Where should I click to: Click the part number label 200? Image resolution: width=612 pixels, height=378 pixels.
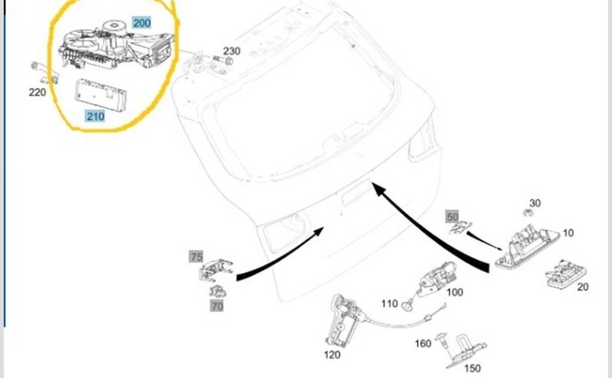click(x=142, y=23)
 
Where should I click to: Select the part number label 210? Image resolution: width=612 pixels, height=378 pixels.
click(x=95, y=116)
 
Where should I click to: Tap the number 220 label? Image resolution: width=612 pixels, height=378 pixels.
click(x=37, y=92)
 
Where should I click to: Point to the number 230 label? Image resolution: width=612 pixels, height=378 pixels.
click(x=231, y=51)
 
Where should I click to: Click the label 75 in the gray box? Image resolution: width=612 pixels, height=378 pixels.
click(x=196, y=257)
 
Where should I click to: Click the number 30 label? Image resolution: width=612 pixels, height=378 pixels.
click(x=535, y=203)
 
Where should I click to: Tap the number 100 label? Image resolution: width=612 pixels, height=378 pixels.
click(x=455, y=292)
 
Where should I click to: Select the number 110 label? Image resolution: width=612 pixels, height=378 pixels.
click(x=389, y=304)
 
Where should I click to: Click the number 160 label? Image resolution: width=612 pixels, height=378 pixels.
click(x=423, y=343)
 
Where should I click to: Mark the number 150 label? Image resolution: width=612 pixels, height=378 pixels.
click(x=472, y=368)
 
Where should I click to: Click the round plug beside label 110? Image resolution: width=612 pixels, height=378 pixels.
click(x=409, y=305)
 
